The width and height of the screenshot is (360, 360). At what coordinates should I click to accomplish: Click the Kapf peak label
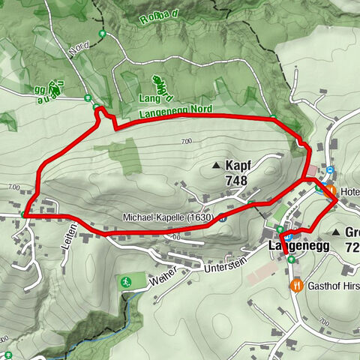[x=238, y=165]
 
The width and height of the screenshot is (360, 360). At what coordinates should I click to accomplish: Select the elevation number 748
[x=235, y=181]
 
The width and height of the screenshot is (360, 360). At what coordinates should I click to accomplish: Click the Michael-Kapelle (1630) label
[x=169, y=217]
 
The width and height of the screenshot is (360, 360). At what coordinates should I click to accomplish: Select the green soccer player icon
[x=125, y=282]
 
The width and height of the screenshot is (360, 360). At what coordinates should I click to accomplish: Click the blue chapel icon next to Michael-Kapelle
[x=223, y=218]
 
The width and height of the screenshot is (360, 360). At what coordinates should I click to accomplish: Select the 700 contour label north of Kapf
[x=187, y=142]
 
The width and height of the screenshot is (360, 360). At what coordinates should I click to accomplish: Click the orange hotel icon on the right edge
[x=329, y=190]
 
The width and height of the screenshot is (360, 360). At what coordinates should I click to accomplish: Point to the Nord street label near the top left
[x=79, y=49]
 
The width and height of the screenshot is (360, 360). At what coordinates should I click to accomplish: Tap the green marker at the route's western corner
[x=25, y=214]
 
